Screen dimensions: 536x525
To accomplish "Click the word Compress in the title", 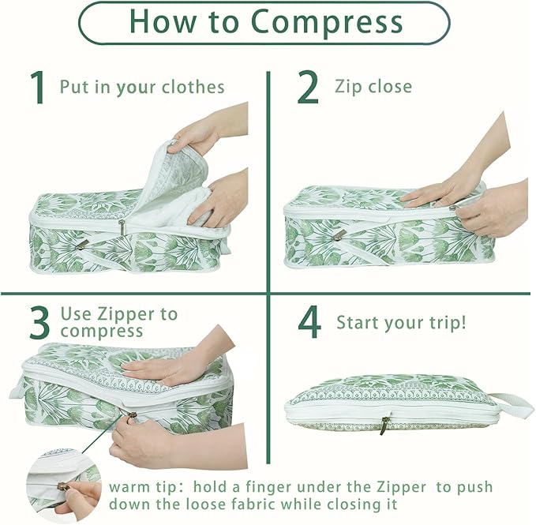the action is pyautogui.click(x=326, y=23).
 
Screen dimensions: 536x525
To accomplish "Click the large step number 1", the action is pyautogui.click(x=37, y=87).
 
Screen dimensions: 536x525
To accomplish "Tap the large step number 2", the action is pyautogui.click(x=308, y=87).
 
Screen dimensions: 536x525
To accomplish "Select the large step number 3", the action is pyautogui.click(x=39, y=323).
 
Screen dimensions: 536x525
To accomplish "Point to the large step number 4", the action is pyautogui.click(x=309, y=321).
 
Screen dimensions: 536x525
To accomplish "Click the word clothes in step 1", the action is pyautogui.click(x=193, y=87).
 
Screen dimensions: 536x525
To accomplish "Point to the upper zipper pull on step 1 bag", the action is pyautogui.click(x=122, y=227).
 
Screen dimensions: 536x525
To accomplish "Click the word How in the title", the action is pyautogui.click(x=162, y=22).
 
